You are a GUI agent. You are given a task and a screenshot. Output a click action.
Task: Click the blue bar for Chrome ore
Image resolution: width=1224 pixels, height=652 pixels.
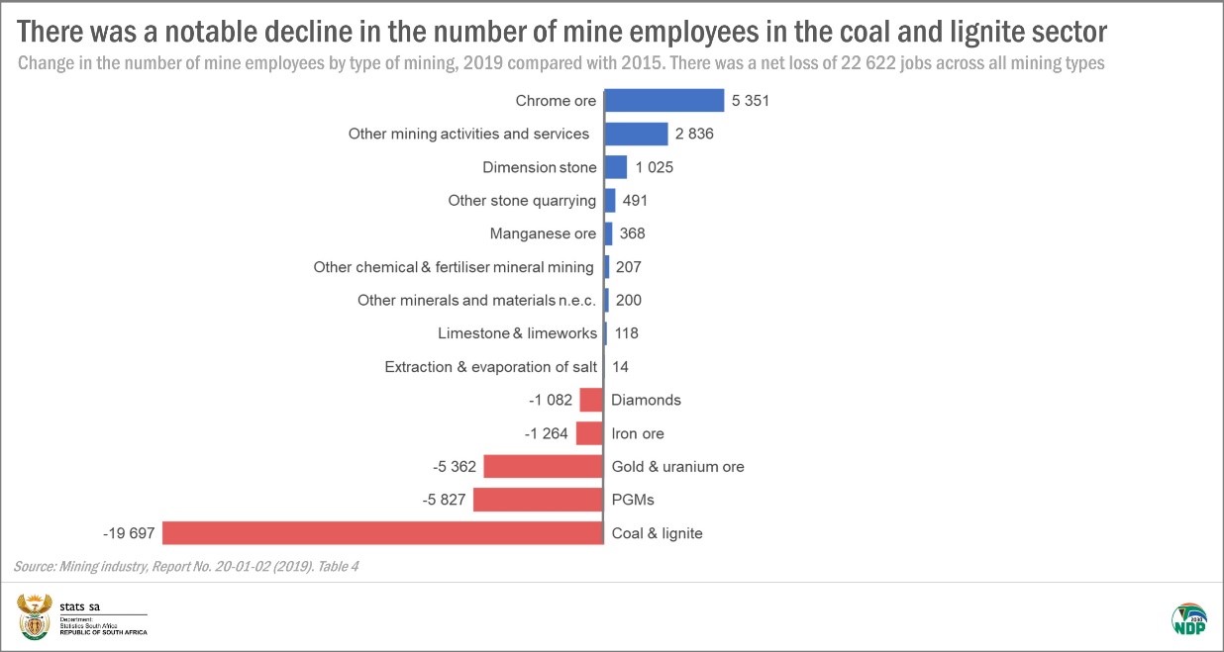pos(663,101)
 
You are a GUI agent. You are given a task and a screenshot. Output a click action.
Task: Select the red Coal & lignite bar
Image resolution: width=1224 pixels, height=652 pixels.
pos(383,533)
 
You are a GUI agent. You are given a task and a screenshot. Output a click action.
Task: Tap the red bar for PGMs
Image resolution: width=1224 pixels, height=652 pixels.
pos(538,500)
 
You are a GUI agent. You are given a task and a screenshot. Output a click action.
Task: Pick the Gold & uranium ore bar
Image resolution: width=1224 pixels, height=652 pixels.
pos(543,466)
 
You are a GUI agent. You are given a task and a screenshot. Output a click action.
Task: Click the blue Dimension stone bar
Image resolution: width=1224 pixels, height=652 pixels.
pos(615,167)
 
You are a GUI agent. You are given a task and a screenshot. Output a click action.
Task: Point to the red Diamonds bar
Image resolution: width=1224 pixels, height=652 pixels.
pos(591,400)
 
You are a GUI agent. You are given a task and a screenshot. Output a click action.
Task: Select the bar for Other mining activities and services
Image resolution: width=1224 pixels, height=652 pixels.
pos(636,134)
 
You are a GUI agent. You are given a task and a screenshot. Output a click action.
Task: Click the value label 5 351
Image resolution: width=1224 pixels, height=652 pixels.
pos(751,101)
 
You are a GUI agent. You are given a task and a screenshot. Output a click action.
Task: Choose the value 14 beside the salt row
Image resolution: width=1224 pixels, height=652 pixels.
pos(620,367)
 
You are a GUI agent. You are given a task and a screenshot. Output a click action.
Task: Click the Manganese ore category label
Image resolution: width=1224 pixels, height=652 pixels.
pos(543,233)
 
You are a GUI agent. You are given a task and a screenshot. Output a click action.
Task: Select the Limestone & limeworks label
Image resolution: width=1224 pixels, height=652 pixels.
pos(517,333)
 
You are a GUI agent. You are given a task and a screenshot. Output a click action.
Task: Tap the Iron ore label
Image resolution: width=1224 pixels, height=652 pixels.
pos(638,433)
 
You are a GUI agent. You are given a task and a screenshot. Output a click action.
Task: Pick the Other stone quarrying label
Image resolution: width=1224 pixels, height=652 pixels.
pos(522,201)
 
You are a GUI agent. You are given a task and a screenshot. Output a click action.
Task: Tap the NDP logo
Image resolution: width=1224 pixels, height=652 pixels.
pos(1188,618)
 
